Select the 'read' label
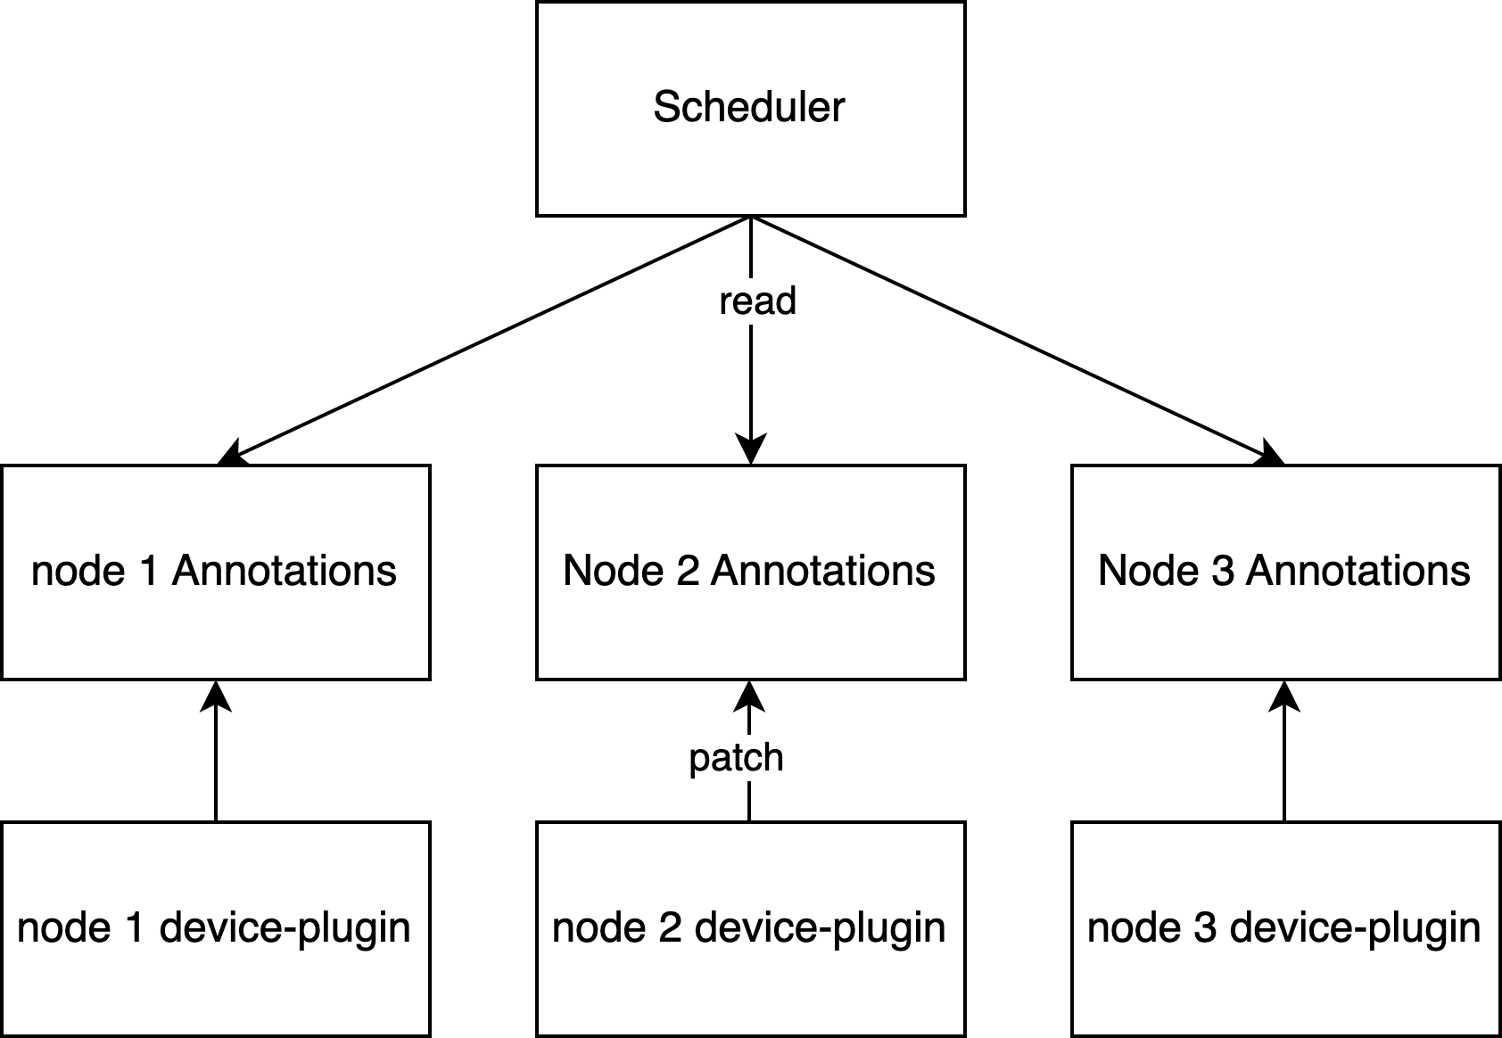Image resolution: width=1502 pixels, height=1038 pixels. (757, 301)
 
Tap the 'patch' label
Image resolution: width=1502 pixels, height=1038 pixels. (736, 758)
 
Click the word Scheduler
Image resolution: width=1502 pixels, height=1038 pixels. (748, 107)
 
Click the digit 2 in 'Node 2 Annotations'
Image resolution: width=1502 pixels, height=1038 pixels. (688, 571)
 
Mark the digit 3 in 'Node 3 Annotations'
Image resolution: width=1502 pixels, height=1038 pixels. (1223, 571)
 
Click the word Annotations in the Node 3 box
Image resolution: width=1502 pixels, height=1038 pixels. (1358, 571)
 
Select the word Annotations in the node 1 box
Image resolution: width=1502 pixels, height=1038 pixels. (284, 571)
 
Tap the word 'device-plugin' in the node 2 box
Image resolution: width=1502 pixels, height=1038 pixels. (820, 928)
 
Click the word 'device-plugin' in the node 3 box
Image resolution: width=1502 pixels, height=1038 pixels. (1355, 928)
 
